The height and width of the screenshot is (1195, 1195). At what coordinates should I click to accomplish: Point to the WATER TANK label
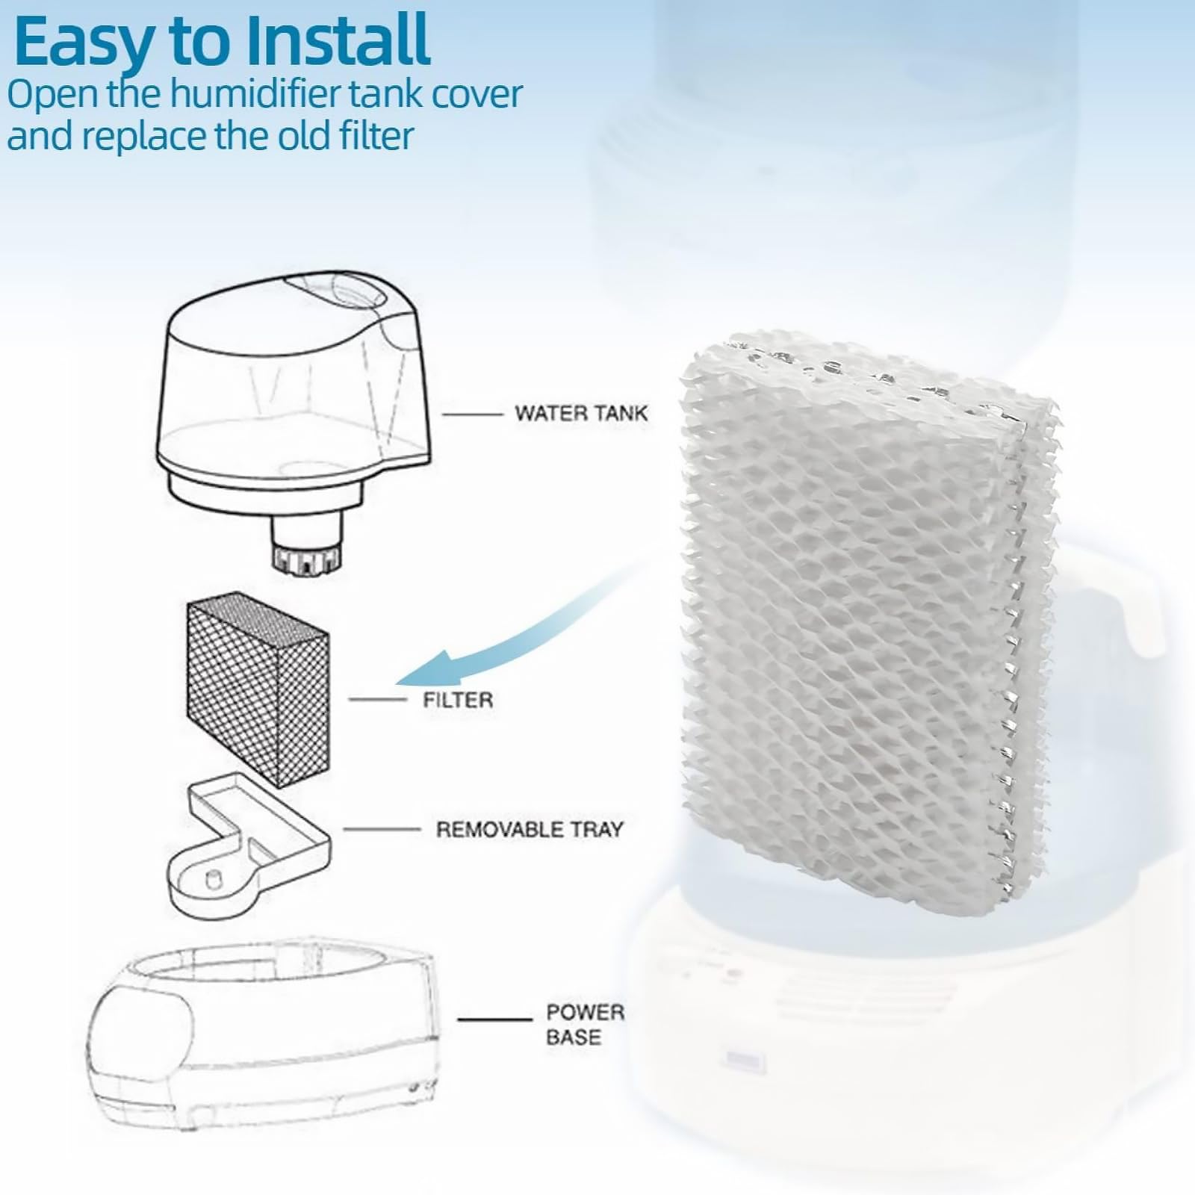point(580,413)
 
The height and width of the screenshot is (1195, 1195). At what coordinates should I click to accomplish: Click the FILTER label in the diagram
point(457,700)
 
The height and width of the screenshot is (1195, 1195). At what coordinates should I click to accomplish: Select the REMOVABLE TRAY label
point(529,829)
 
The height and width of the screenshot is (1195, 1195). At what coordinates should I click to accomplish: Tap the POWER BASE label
point(584,1024)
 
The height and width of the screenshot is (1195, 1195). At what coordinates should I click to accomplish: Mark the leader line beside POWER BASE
point(494,1019)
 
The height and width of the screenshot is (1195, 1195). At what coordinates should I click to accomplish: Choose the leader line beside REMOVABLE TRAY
point(381,829)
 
